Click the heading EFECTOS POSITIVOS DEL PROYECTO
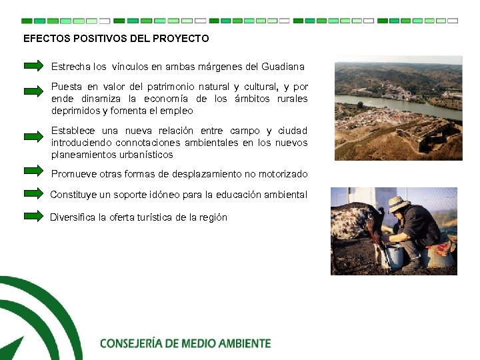tap(116, 39)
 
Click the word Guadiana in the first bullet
tap(283, 67)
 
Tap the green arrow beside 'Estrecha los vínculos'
tap(33, 66)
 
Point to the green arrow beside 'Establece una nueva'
tap(33, 136)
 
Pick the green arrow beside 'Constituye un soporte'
tap(33, 194)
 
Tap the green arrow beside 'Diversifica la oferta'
tap(33, 215)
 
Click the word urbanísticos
tap(145, 155)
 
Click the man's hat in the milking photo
tap(398, 203)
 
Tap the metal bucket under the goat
tap(395, 254)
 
